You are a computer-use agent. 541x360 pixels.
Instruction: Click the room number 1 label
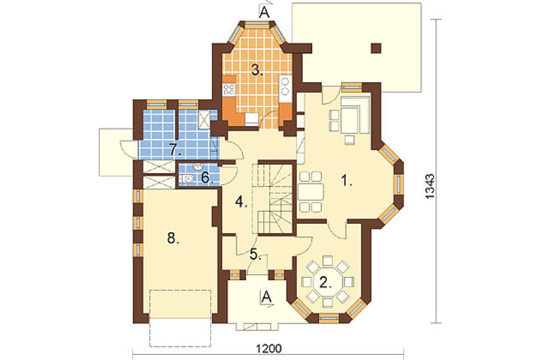(346, 180)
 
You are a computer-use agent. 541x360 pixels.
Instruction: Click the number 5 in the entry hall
(256, 254)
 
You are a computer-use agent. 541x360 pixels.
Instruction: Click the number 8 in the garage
(173, 238)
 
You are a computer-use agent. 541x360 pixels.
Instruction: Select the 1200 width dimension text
(269, 348)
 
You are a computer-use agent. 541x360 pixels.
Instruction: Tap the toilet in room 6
(186, 178)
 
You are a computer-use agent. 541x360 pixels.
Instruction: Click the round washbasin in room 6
(198, 167)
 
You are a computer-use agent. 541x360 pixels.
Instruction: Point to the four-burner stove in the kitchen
(229, 89)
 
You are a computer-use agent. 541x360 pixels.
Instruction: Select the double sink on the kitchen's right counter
(285, 86)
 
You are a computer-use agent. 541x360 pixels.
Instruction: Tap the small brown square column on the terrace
(376, 48)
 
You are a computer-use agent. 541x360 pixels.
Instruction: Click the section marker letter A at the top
(264, 12)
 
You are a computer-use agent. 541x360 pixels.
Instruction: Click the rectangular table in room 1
(311, 192)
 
